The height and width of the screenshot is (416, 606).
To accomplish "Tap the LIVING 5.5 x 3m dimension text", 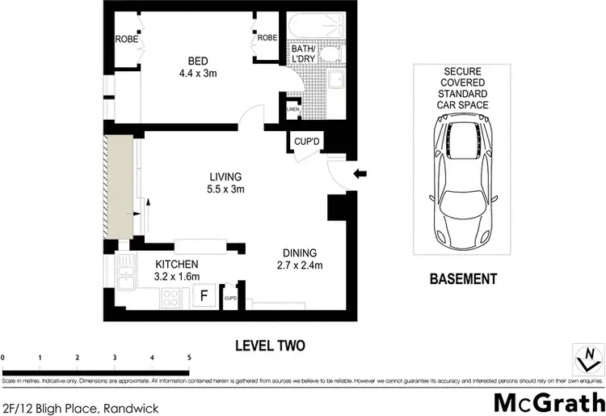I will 226,189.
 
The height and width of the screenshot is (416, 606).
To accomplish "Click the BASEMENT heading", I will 462,279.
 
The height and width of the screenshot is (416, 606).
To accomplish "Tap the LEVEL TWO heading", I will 270,346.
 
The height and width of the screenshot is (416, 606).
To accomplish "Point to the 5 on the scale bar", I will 189,356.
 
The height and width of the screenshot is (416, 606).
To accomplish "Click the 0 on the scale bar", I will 3,356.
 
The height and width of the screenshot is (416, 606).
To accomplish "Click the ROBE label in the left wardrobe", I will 124,38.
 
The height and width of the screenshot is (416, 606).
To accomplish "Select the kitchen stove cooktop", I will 172,297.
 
